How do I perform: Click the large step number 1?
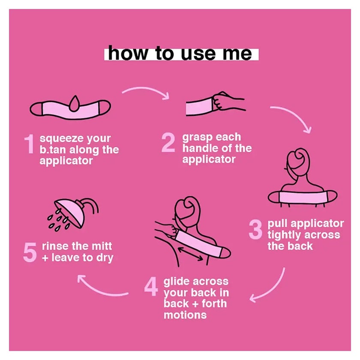[29, 144]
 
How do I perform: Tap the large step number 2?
[168, 142]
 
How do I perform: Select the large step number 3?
[255, 229]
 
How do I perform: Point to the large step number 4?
[151, 287]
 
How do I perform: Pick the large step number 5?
[30, 252]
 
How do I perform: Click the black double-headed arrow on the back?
[190, 254]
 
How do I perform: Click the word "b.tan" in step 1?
[53, 150]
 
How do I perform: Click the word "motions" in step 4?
[185, 315]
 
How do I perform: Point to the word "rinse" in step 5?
[55, 246]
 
